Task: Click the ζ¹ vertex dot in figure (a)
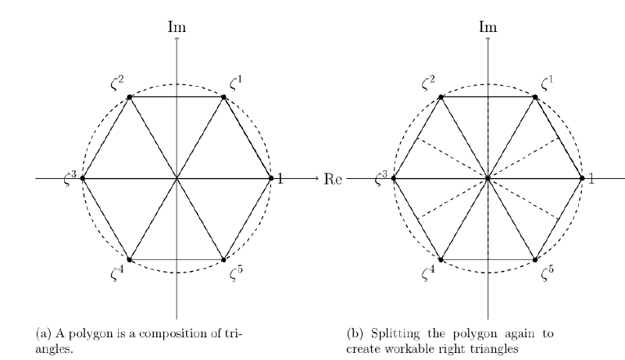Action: point(224,97)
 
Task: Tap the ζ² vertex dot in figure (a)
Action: point(130,97)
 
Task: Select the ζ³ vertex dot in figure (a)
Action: point(83,179)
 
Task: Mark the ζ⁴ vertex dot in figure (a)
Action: point(130,259)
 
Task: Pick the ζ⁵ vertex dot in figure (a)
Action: point(224,259)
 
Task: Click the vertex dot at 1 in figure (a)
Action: point(271,179)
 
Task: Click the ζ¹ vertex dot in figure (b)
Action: point(535,97)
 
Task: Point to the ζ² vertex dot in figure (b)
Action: point(441,97)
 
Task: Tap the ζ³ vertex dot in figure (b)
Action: point(394,179)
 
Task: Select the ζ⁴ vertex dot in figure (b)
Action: point(441,259)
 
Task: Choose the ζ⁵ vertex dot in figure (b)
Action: point(535,259)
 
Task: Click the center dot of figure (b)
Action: point(488,179)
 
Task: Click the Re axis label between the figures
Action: point(333,179)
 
